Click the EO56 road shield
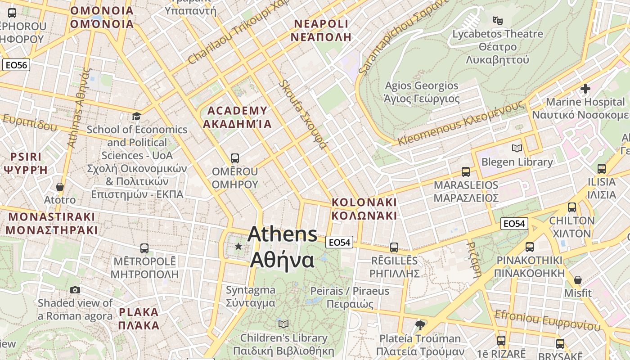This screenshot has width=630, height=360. [16, 65]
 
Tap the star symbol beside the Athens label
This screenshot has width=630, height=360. [238, 246]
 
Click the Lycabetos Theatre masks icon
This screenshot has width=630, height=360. [497, 20]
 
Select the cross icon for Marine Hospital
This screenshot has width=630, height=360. [585, 89]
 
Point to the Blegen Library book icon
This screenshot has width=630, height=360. [517, 148]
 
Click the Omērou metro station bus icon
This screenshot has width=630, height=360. [234, 158]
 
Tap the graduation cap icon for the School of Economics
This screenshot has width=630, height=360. [136, 117]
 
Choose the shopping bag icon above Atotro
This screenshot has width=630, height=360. [60, 186]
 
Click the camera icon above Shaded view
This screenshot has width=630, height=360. [75, 290]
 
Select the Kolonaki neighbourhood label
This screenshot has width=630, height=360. [364, 209]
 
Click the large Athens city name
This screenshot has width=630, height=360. [282, 247]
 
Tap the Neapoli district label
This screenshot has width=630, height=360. [320, 30]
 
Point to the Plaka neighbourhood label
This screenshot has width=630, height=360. [139, 319]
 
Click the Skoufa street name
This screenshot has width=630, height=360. [302, 114]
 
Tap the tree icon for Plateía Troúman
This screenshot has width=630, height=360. [420, 325]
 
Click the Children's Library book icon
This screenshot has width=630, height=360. [283, 324]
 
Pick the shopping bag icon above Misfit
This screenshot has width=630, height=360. [578, 280]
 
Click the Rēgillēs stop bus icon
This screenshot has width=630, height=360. [394, 247]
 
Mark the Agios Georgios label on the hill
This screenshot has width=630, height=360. [422, 92]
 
